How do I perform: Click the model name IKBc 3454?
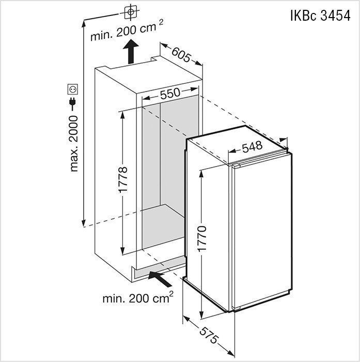pos(320,16)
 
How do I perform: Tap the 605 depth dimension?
pos(181,54)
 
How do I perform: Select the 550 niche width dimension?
pos(170,93)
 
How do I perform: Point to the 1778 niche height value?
pos(122,179)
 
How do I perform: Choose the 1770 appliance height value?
pos(202,238)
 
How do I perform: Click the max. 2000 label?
pos(74,144)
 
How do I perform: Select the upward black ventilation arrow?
pos(131,51)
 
